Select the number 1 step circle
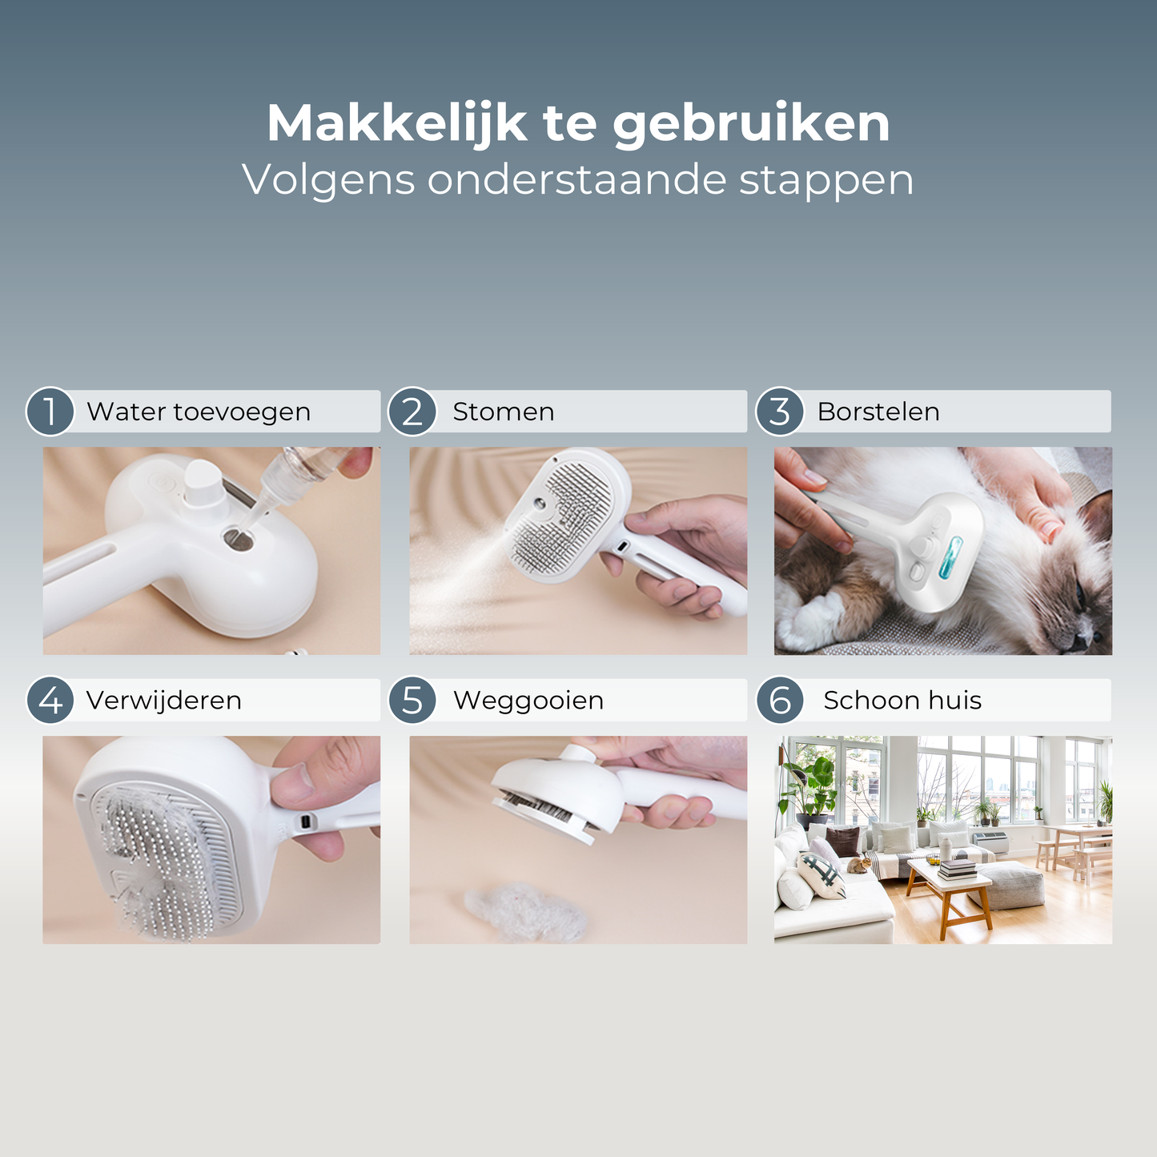50,412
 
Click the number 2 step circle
412,412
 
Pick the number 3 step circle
780,412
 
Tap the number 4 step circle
50,700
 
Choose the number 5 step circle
412,700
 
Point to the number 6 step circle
780,700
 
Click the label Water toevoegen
199,412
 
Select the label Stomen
504,412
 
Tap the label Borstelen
878,412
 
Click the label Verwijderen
164,701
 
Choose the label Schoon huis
902,700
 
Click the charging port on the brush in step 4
306,821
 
